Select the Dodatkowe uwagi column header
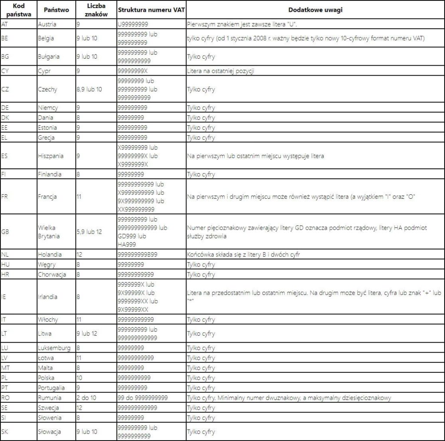[315, 10]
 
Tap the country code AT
[5, 24]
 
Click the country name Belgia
[46, 38]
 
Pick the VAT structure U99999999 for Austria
[132, 24]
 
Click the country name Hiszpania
[50, 156]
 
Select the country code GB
[6, 231]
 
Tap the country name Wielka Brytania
[49, 232]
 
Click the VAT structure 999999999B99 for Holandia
[137, 254]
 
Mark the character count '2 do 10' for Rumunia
[87, 398]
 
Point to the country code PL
[5, 378]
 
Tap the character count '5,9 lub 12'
[89, 231]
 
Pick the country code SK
[5, 432]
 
